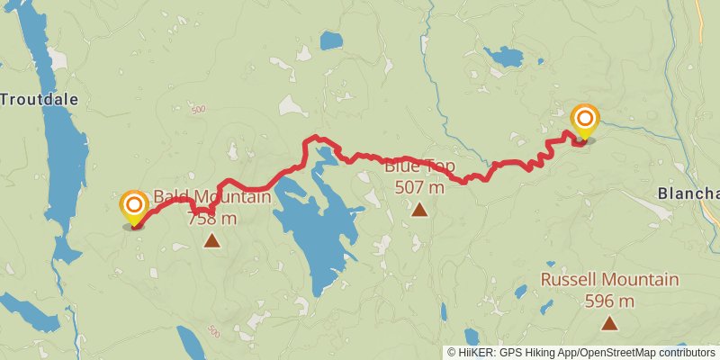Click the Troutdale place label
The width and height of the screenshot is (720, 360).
pos(40,99)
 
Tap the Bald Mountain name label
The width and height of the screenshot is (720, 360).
pos(212,197)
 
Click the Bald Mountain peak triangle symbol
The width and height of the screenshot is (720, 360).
pos(211,240)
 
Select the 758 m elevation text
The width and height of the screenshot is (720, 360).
pos(212,218)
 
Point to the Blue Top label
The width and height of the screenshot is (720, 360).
pos(419,166)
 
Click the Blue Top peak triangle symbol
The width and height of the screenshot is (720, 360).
pos(419,210)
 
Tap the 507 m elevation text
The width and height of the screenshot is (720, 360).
pos(419,188)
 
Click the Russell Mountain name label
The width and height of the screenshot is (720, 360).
pos(609,280)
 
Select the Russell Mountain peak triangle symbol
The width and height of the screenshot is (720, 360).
pos(609,323)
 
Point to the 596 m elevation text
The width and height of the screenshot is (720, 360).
pos(609,301)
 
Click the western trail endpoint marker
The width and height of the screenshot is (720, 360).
pos(134,207)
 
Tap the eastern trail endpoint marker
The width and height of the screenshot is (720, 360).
pos(585,121)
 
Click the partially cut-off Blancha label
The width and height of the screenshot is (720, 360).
pos(688,193)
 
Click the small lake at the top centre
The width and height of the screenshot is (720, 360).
pos(331,40)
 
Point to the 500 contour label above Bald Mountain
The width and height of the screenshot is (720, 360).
pos(198,110)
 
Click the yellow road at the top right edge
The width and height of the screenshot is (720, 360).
pos(700,27)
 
